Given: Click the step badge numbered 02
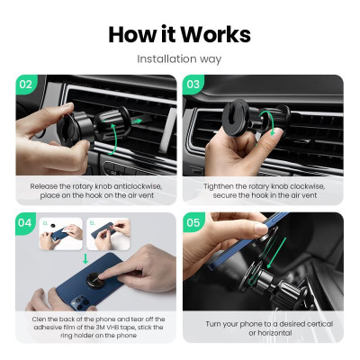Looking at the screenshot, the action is [26, 85].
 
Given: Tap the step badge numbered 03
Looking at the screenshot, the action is [193, 85].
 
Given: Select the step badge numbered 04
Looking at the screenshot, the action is [25, 223].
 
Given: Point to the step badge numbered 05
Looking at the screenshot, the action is [193, 223].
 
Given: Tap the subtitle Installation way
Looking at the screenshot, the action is [179, 58].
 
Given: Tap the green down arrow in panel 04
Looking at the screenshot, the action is [85, 258].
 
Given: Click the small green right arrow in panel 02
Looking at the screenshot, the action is [137, 121].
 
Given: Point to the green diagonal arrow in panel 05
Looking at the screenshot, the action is [276, 253].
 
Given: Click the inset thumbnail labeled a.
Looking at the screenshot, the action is [61, 234].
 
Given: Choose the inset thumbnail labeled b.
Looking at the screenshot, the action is [108, 234].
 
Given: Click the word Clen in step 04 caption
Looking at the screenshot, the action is [39, 319].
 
